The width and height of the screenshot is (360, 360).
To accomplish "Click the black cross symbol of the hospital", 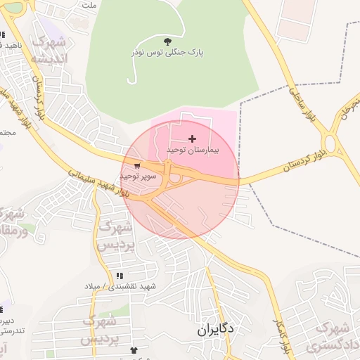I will (193, 139).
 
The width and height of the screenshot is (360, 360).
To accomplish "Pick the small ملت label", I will (88, 5).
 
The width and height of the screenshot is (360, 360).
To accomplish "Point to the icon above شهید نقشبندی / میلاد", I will (119, 275).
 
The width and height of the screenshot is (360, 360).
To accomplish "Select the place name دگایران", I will (214, 329).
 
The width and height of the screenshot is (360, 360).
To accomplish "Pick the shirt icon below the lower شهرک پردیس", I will (134, 349).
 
